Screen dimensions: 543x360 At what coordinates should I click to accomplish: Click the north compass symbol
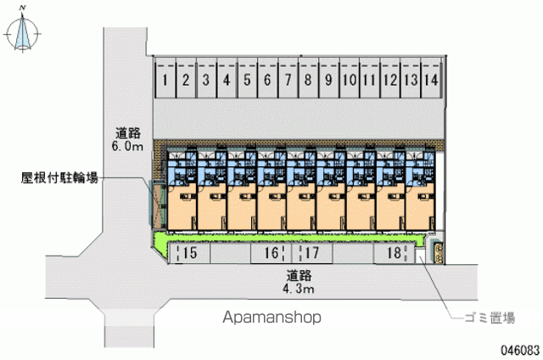pos(23,32)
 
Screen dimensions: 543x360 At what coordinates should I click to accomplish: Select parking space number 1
pos(165,79)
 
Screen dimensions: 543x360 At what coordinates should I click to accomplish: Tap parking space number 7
pos(288,79)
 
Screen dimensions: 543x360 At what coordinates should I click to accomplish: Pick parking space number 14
pos(431,79)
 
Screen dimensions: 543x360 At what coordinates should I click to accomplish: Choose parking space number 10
pos(349,79)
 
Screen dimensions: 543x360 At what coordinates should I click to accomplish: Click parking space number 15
pos(188,253)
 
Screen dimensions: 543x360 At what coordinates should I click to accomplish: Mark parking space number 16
pos(271,253)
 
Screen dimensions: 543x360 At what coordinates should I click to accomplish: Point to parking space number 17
pos(312,253)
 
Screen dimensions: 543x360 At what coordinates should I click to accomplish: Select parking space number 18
pos(394,253)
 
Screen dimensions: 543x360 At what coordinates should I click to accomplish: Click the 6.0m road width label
pos(127,147)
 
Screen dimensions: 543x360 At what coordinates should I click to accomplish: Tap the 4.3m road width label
pos(299,289)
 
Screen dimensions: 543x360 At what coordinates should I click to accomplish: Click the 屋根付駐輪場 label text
pos(59,178)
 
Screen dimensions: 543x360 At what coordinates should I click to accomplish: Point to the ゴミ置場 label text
pos(490,318)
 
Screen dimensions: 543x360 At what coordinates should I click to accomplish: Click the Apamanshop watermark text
pos(271,317)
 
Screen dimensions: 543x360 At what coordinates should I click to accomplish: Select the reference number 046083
pos(520,351)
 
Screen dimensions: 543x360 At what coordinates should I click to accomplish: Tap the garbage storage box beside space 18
pos(438,252)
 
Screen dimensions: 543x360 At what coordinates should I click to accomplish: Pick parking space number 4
pos(227,79)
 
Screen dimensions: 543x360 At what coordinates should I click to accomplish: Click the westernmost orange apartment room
pos(182,207)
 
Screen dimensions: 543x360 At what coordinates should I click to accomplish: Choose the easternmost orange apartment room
pos(420,207)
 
